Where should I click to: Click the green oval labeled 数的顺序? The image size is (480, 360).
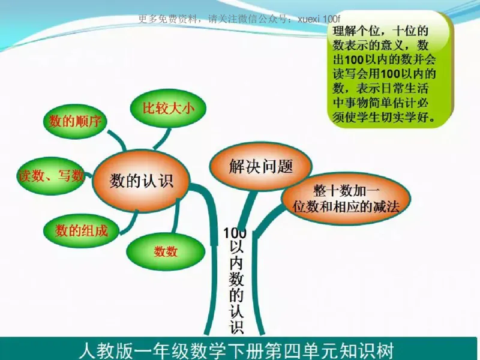(75, 122)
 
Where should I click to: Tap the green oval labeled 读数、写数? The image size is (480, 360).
(52, 176)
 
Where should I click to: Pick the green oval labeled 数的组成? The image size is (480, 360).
(82, 230)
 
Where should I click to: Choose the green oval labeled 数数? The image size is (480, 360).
(166, 251)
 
